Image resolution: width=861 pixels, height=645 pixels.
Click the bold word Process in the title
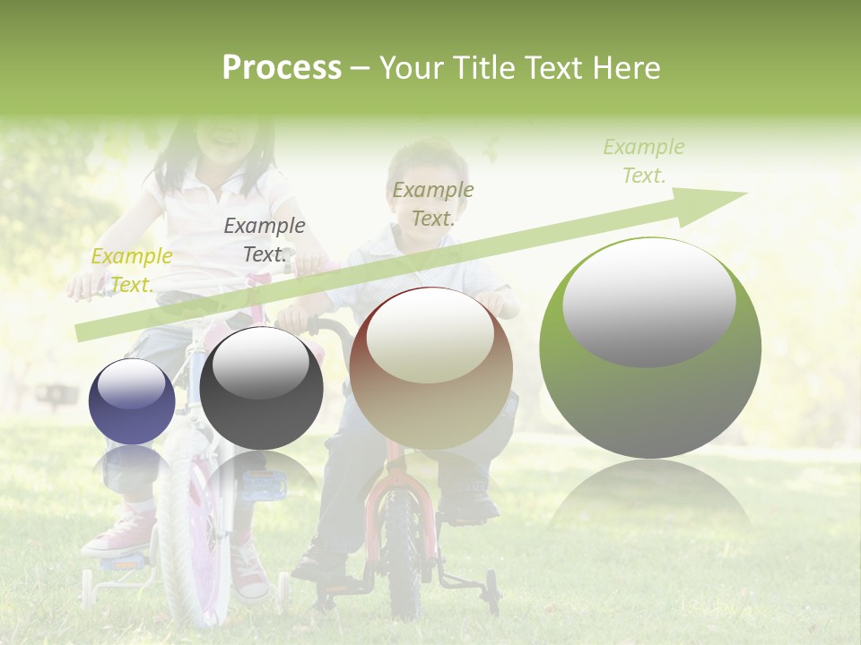click(x=282, y=68)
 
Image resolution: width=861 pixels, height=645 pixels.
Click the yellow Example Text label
click(x=132, y=270)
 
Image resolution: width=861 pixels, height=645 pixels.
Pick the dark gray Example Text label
click(x=265, y=240)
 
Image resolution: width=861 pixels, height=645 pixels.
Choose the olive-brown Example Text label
click(x=433, y=203)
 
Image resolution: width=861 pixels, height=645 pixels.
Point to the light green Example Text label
click(x=644, y=161)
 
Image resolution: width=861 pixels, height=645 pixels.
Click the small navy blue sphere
click(x=132, y=402)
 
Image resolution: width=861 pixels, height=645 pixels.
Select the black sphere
click(x=261, y=388)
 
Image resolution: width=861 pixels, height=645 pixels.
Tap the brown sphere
click(x=430, y=368)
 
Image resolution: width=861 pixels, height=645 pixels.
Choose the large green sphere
click(x=650, y=348)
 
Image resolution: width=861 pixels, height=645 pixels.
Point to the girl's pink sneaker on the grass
click(x=117, y=532)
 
